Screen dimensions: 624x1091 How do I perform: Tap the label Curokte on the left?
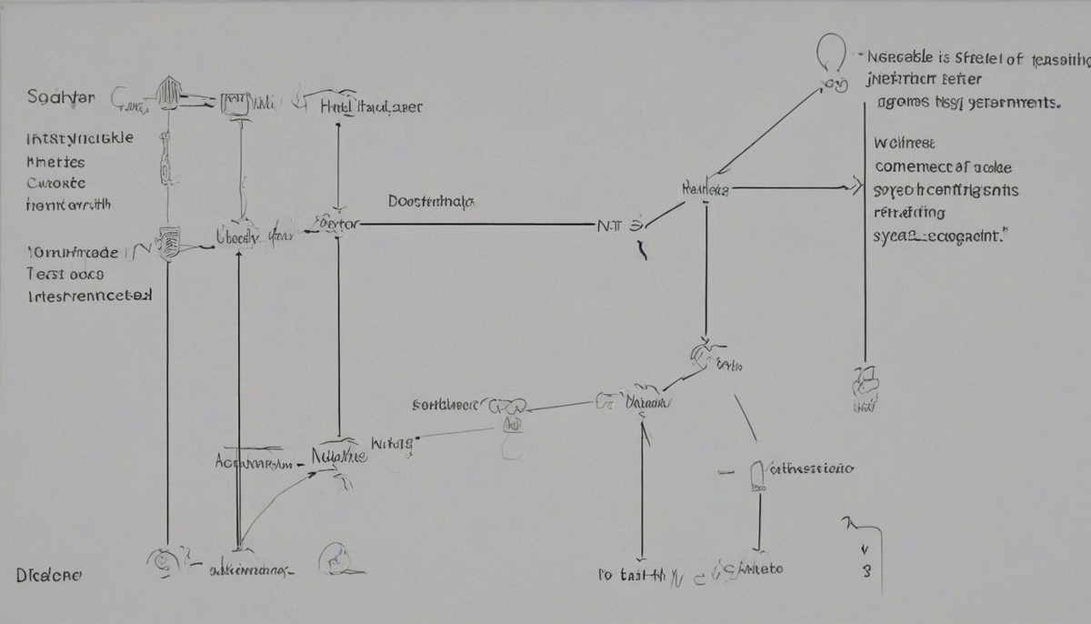(x=57, y=182)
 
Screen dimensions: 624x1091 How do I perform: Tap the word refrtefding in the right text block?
(x=909, y=213)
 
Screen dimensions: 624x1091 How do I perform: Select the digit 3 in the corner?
(x=866, y=572)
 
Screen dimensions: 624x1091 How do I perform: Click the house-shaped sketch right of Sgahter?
(x=169, y=93)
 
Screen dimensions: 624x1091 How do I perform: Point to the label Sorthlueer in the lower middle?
(x=445, y=406)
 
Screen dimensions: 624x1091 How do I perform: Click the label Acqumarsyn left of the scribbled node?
(x=255, y=462)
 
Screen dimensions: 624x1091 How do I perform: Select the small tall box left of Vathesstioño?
(x=756, y=475)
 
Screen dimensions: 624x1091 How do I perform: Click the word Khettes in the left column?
(x=56, y=161)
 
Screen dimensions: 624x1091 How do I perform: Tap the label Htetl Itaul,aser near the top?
(x=371, y=106)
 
